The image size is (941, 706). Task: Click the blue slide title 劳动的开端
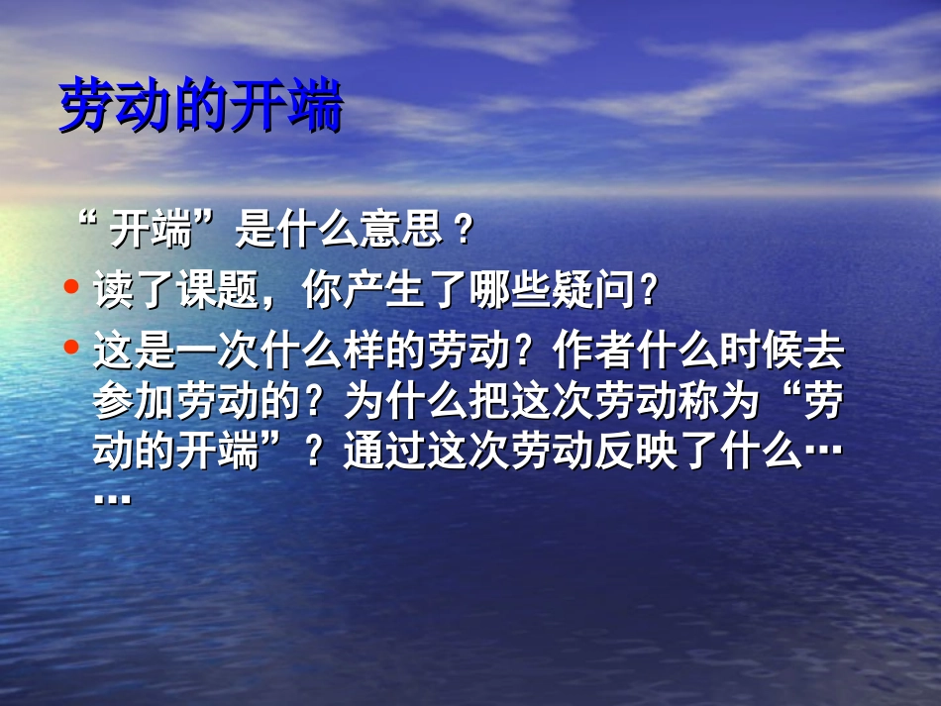pyautogui.click(x=201, y=107)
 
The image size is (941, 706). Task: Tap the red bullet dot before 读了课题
pyautogui.click(x=70, y=288)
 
